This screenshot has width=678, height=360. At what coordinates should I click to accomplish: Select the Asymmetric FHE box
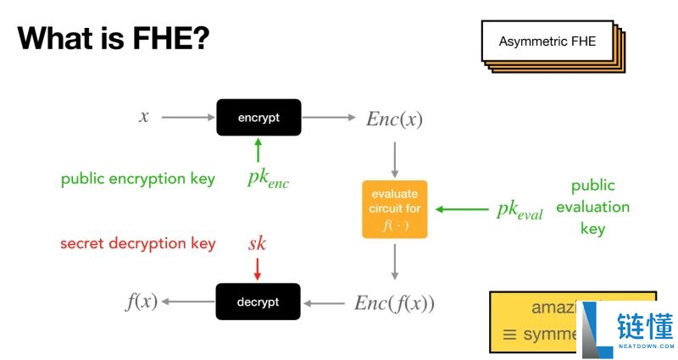(547, 42)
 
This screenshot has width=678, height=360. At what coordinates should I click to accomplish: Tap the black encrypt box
(258, 118)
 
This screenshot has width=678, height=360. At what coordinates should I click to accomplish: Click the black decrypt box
(258, 302)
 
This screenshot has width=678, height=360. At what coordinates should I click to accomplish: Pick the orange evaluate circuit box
(395, 209)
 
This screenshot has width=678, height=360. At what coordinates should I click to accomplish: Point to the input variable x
(144, 117)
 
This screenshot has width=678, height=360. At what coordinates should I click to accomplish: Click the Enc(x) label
(394, 119)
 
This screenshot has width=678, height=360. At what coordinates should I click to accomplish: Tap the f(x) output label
(142, 302)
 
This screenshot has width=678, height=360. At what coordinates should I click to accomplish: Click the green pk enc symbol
(268, 179)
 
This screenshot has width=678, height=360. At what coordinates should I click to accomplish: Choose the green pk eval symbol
(519, 210)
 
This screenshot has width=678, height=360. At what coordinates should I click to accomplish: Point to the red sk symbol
(257, 244)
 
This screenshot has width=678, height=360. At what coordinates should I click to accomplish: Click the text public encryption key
(137, 179)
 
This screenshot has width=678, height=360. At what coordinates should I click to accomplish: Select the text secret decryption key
(137, 244)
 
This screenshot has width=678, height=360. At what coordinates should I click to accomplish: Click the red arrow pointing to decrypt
(258, 269)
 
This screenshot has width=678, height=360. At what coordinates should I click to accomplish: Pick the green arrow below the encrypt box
(258, 151)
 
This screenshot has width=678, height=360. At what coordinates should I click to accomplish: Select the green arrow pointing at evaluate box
(461, 208)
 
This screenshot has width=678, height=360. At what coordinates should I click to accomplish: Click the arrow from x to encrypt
(186, 118)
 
